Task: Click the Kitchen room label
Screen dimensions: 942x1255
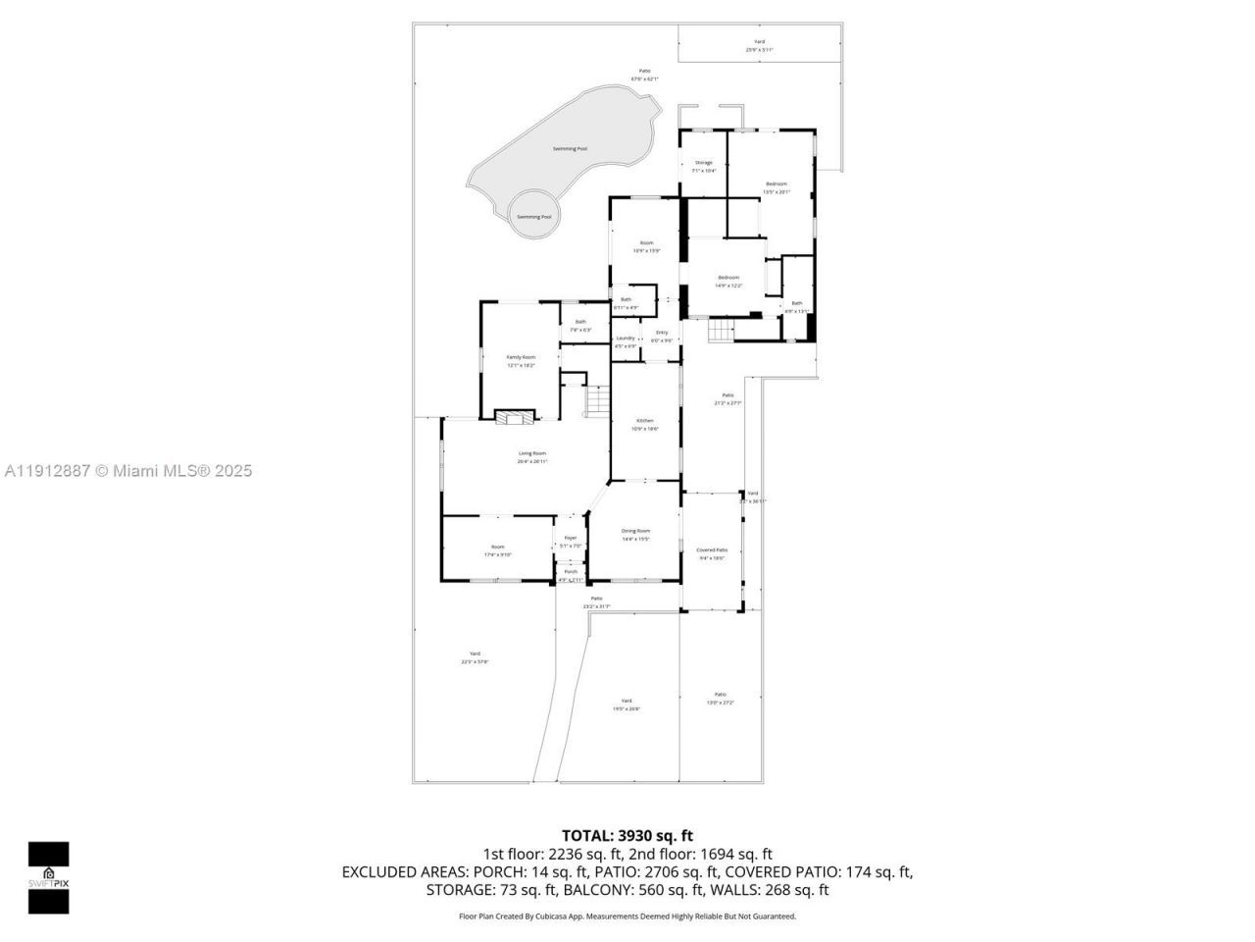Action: tap(644, 421)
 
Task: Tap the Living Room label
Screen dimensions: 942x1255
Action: tap(532, 453)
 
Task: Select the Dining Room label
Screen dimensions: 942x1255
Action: tap(635, 531)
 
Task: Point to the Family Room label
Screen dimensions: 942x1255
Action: tap(521, 357)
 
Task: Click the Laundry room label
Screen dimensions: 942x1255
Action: tap(626, 339)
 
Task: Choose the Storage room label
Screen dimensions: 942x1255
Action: tap(703, 163)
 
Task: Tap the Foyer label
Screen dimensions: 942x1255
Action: tap(571, 538)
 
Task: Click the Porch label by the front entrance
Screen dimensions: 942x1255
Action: tap(570, 572)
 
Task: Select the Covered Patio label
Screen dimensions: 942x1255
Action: tap(712, 550)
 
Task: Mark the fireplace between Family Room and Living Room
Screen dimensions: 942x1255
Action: tap(515, 417)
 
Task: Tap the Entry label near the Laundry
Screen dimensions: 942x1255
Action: tap(662, 333)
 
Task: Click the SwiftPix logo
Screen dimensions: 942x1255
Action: tap(48, 877)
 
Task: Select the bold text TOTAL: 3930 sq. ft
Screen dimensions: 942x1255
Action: tap(627, 836)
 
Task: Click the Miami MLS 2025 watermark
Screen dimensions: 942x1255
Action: tap(127, 471)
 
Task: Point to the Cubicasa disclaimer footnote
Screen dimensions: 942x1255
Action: tap(627, 916)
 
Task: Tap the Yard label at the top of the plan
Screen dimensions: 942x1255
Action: tap(759, 42)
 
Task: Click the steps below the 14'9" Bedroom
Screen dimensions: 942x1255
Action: tap(722, 332)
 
